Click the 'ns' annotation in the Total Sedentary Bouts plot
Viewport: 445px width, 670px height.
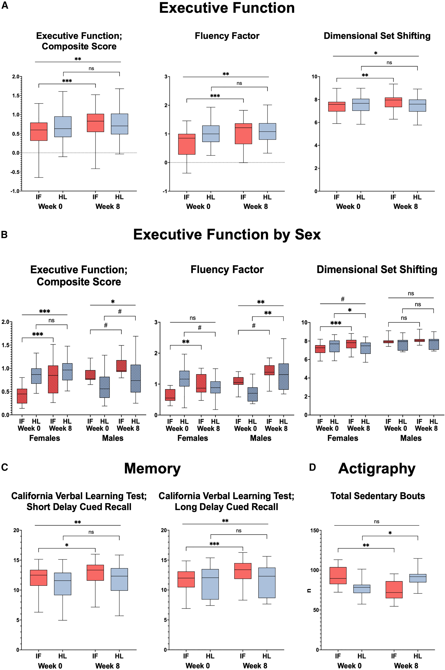[376, 522]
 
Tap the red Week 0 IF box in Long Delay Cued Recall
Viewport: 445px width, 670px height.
[186, 579]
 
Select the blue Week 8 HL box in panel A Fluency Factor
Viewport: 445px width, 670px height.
[267, 131]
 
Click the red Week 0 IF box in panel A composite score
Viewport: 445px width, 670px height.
[39, 132]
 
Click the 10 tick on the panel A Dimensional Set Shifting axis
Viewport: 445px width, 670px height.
[314, 77]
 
